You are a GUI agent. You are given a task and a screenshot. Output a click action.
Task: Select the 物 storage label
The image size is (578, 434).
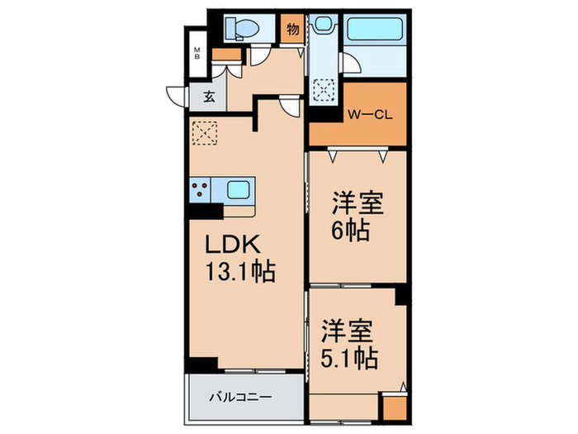[292, 29]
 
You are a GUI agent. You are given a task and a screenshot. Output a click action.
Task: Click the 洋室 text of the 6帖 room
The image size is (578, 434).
[358, 202]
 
